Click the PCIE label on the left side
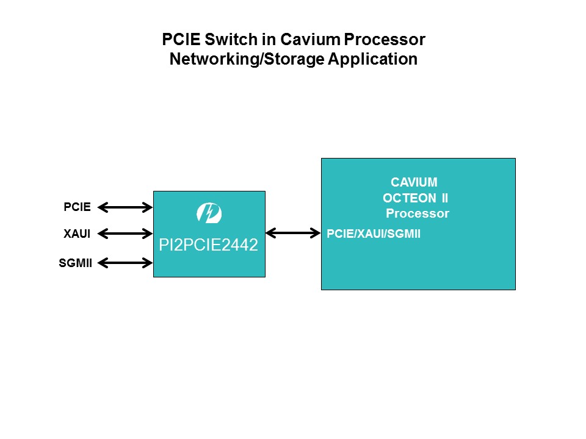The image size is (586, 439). pyautogui.click(x=77, y=207)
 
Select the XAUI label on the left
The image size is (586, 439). pyautogui.click(x=77, y=234)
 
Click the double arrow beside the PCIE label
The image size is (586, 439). pyautogui.click(x=125, y=208)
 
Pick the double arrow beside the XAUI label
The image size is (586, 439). pyautogui.click(x=125, y=233)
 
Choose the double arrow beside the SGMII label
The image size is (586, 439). pyautogui.click(x=125, y=263)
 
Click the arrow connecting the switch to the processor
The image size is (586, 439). pyautogui.click(x=293, y=233)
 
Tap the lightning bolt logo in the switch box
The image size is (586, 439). pyautogui.click(x=209, y=213)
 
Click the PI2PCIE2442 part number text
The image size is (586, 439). pyautogui.click(x=209, y=246)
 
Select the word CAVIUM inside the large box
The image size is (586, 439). pyautogui.click(x=414, y=182)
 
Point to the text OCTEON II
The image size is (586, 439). pyautogui.click(x=415, y=198)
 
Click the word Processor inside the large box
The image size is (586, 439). pyautogui.click(x=418, y=213)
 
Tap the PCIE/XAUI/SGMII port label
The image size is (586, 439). pyautogui.click(x=374, y=234)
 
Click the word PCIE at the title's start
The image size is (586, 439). pyautogui.click(x=180, y=40)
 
